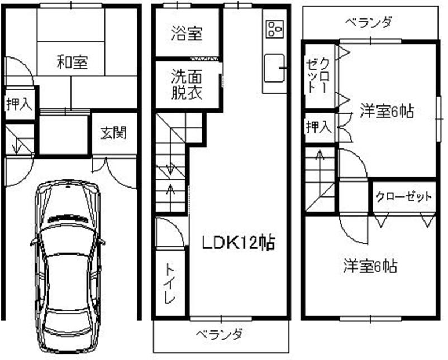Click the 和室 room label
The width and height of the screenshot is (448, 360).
71,61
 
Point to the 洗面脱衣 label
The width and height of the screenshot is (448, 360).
187,84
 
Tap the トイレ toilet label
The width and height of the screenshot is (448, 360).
170,283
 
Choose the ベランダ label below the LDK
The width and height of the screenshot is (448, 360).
220,335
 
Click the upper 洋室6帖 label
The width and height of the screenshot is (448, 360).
386,111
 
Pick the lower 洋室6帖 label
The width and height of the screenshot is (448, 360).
370,266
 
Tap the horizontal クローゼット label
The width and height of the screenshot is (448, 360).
404,196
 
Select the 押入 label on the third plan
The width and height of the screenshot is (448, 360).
318,127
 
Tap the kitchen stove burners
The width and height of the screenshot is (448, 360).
274,28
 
